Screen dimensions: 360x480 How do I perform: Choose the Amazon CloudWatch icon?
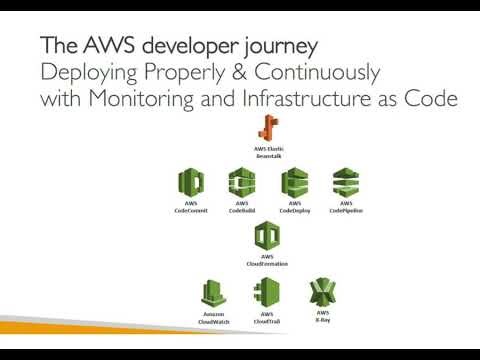pos(212,293)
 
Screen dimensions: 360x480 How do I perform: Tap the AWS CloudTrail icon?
pos(265,293)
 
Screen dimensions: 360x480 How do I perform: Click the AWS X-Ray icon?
pos(323,292)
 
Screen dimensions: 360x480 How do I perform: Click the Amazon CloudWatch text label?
pos(212,320)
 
